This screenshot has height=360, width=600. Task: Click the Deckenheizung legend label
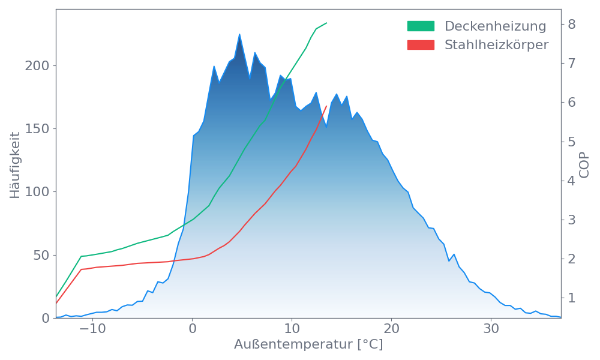point(495,26)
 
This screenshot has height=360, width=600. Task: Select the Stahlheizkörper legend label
point(496,45)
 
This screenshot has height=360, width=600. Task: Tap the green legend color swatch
point(421,26)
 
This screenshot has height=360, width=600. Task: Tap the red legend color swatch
point(421,45)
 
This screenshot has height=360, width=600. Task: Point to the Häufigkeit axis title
point(15,165)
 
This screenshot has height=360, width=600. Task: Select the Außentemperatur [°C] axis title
point(308,346)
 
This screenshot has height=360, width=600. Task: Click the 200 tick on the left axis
point(37,65)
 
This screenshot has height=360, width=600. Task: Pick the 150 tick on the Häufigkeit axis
point(37,128)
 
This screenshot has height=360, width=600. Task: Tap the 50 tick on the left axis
point(41,255)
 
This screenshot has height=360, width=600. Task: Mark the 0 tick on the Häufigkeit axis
point(46,318)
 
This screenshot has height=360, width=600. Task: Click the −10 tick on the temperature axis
point(89,329)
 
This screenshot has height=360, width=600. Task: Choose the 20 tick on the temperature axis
point(391,329)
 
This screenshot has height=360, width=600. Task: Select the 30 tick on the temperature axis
point(491,329)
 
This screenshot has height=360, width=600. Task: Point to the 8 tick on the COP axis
point(572,25)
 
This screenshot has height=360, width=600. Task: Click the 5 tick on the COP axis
point(572,142)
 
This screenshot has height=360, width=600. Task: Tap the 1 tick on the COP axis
point(572,298)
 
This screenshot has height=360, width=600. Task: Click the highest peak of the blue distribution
point(239,34)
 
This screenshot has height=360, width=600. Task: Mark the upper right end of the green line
point(327,23)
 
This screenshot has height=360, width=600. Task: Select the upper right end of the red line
point(327,106)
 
